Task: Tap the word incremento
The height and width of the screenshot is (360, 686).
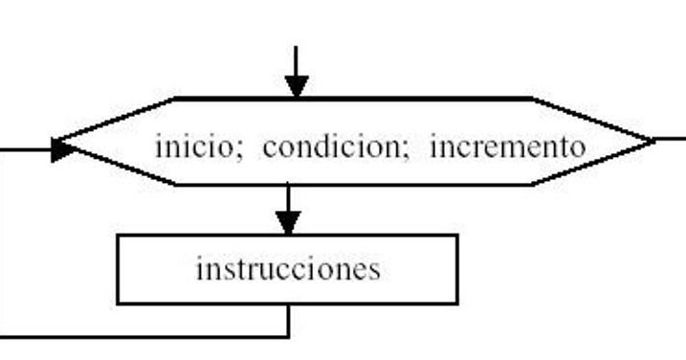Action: tap(505, 148)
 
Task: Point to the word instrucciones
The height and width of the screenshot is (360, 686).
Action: tap(287, 269)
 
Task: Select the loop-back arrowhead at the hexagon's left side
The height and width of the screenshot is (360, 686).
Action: tap(63, 148)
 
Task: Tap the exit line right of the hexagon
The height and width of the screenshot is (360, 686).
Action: tap(672, 140)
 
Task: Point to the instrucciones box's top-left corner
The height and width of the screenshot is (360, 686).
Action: tap(118, 236)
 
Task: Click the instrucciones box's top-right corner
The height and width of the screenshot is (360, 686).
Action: tap(457, 236)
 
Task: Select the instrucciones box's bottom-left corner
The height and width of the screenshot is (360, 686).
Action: tap(118, 304)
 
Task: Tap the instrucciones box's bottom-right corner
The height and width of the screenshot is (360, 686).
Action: tap(457, 304)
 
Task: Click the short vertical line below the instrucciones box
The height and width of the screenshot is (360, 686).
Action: tap(288, 320)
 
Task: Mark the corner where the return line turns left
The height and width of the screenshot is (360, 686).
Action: tap(288, 336)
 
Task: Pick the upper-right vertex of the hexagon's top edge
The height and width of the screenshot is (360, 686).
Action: tap(530, 99)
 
